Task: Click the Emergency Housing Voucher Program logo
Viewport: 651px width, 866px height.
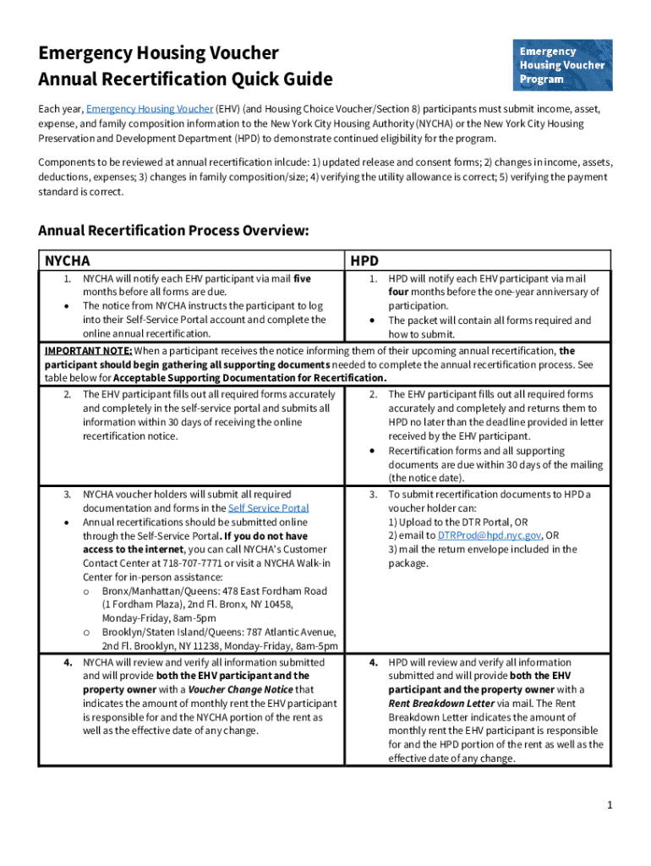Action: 562,64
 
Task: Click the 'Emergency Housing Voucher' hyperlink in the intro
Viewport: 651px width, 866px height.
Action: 149,109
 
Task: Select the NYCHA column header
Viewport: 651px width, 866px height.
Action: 68,261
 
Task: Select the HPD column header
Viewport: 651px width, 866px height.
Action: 365,261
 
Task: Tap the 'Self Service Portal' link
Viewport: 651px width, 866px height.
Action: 268,508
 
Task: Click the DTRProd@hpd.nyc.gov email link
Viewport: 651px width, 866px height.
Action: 490,535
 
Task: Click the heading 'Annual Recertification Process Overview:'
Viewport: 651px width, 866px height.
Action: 174,230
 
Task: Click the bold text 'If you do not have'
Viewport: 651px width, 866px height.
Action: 266,535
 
